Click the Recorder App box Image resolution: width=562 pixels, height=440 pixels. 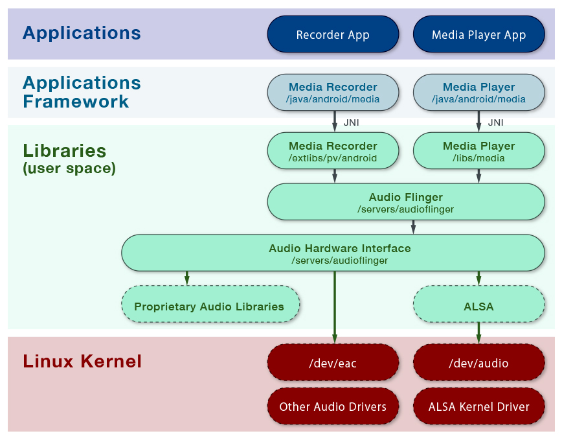(x=333, y=34)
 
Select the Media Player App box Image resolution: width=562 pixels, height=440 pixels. (x=479, y=34)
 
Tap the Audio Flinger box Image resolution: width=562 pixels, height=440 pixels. (x=406, y=202)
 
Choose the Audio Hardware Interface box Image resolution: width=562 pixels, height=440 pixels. (x=333, y=253)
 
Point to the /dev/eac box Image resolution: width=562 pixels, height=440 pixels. (x=333, y=362)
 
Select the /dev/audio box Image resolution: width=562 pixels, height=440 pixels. (x=479, y=362)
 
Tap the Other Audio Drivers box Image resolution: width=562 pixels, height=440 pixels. (x=333, y=406)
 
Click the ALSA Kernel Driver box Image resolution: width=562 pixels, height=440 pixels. (x=479, y=406)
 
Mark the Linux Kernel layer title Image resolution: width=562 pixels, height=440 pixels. (x=82, y=361)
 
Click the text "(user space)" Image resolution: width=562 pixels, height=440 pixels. (x=69, y=168)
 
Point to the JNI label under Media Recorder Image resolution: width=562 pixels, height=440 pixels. (x=351, y=122)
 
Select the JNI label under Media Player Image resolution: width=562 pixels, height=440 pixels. (x=496, y=122)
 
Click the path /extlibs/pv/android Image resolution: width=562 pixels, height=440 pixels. (x=333, y=158)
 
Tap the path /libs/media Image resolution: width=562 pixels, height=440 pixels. (x=478, y=158)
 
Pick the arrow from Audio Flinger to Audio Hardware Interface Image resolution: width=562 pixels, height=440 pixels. (x=413, y=227)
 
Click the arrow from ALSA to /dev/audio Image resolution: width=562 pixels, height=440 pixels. (x=478, y=333)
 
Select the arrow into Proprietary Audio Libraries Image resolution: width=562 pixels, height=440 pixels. (x=186, y=278)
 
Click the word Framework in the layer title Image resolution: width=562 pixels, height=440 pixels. (x=76, y=102)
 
